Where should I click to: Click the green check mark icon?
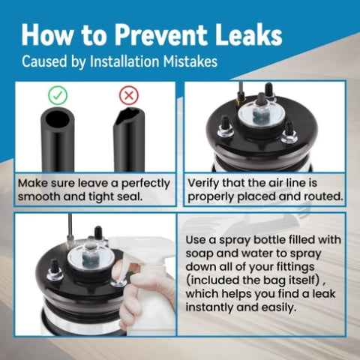tap(58, 95)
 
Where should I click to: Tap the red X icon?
tap(129, 95)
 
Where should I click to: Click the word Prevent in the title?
tap(161, 34)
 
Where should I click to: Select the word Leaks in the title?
tap(249, 34)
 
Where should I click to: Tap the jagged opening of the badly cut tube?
tap(130, 115)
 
